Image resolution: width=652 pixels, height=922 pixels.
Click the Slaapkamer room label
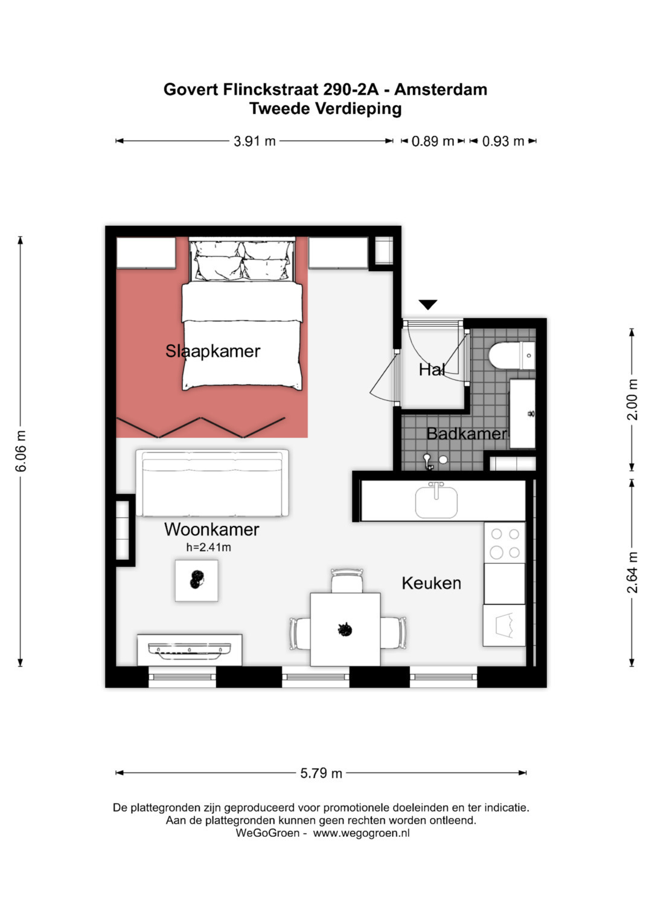(x=213, y=351)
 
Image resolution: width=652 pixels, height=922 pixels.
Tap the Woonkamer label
(x=211, y=530)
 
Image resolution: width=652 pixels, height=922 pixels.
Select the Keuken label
(x=431, y=583)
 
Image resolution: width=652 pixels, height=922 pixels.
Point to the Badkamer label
(x=467, y=434)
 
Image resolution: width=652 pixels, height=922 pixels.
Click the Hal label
(x=432, y=370)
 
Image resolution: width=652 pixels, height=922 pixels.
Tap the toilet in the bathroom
(x=512, y=355)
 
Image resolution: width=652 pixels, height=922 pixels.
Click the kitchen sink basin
(x=436, y=502)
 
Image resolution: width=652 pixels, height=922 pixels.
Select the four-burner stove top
(x=505, y=542)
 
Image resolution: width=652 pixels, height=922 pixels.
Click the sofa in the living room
(x=212, y=483)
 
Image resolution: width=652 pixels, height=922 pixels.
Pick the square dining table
(x=345, y=629)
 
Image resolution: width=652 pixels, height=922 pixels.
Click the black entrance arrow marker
(x=427, y=304)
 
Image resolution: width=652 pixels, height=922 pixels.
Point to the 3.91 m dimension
(x=254, y=141)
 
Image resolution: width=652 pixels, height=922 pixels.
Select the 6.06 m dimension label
(x=21, y=451)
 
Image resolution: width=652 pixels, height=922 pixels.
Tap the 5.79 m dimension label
(x=321, y=773)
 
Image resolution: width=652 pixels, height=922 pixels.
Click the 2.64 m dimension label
(x=632, y=572)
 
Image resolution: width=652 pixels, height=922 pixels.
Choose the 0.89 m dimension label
(x=433, y=141)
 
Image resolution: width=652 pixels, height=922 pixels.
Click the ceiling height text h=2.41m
(x=208, y=548)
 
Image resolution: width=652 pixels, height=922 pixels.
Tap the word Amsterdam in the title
(x=441, y=89)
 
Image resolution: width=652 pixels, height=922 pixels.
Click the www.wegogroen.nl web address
(x=361, y=833)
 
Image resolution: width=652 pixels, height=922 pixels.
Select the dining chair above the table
(x=347, y=581)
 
